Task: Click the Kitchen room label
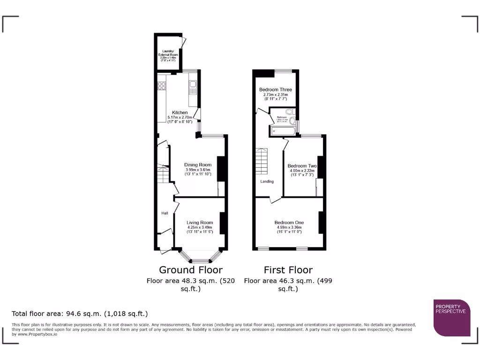coord(180,112)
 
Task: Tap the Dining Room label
coord(198,165)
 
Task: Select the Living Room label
coord(200,223)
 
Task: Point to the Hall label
coord(165,213)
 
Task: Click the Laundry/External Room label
coord(168,52)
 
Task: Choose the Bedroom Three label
coord(276,90)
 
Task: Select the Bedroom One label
coord(289,222)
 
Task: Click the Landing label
coord(267,181)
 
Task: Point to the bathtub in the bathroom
coord(282,131)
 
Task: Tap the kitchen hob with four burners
coord(162,85)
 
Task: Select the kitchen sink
coord(193,86)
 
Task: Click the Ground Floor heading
coord(191,270)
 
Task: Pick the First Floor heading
coord(288,270)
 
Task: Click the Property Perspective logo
coord(451,317)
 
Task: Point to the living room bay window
coord(200,257)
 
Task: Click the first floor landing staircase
coord(261,161)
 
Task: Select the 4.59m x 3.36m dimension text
coord(289,227)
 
